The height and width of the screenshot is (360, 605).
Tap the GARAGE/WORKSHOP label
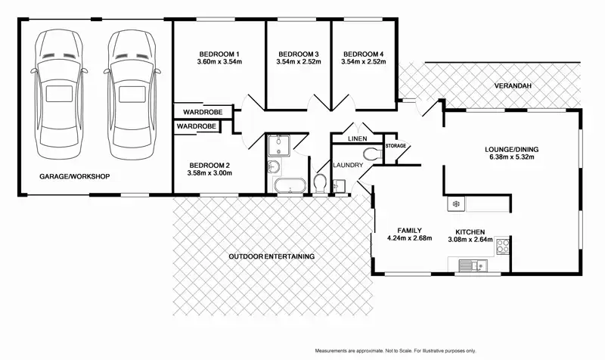click(75, 177)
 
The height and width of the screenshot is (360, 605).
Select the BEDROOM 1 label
click(219, 54)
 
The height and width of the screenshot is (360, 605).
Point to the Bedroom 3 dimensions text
click(298, 62)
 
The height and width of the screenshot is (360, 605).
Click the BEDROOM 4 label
click(364, 54)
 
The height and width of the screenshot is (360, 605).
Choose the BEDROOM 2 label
click(209, 164)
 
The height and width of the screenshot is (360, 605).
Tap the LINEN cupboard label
click(358, 139)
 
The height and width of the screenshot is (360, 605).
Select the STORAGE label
click(396, 145)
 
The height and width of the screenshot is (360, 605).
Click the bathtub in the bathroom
click(288, 185)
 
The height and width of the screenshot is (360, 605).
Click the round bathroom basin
click(274, 168)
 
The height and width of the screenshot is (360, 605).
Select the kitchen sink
click(474, 265)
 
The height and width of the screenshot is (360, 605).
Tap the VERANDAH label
click(513, 86)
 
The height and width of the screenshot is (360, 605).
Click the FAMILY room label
click(408, 230)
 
